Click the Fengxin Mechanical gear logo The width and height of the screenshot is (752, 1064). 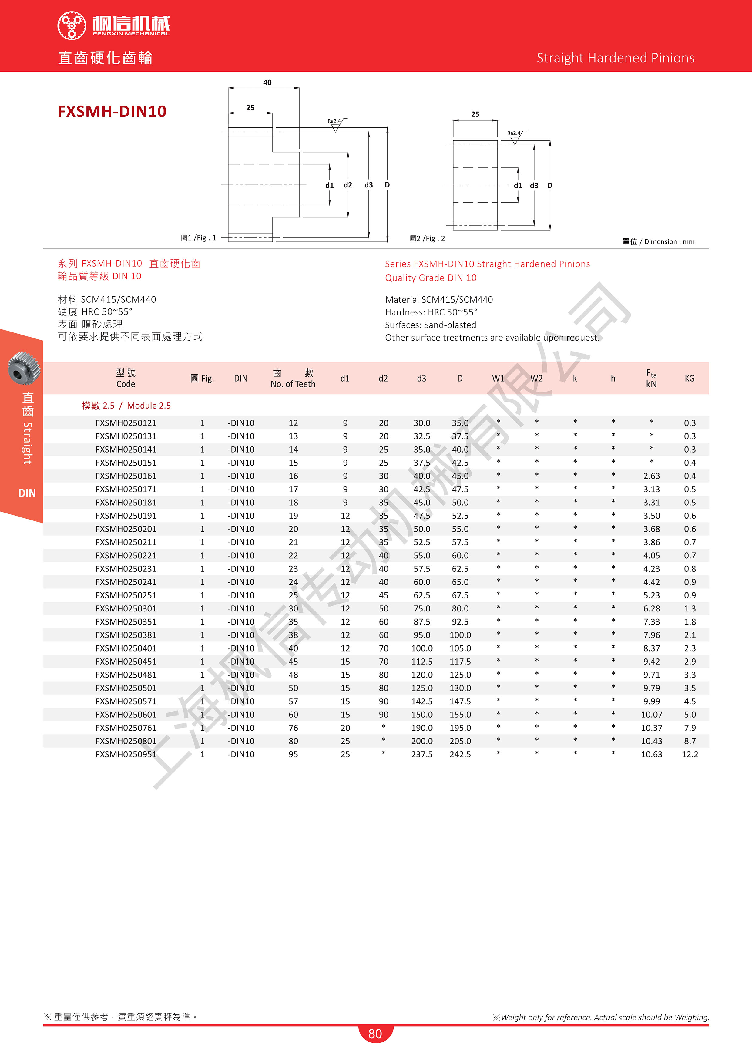pyautogui.click(x=71, y=25)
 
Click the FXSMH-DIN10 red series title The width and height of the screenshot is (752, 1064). pyautogui.click(x=112, y=112)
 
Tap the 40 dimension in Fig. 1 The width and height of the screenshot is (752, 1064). pyautogui.click(x=267, y=82)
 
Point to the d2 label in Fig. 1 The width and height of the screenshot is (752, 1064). pyautogui.click(x=348, y=185)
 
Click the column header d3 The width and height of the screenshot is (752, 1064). pyautogui.click(x=421, y=379)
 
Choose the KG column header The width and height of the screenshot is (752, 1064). pyautogui.click(x=690, y=379)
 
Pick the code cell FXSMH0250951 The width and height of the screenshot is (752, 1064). pyautogui.click(x=126, y=754)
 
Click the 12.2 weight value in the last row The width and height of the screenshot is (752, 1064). pyautogui.click(x=690, y=754)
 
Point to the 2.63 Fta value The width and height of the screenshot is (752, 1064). pyautogui.click(x=651, y=476)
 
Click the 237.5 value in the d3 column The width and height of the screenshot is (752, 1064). pyautogui.click(x=422, y=754)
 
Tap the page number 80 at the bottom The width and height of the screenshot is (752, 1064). pyautogui.click(x=375, y=1033)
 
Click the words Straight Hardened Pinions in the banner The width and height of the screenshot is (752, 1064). pyautogui.click(x=615, y=58)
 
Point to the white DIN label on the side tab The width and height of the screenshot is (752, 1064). pyautogui.click(x=27, y=493)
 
